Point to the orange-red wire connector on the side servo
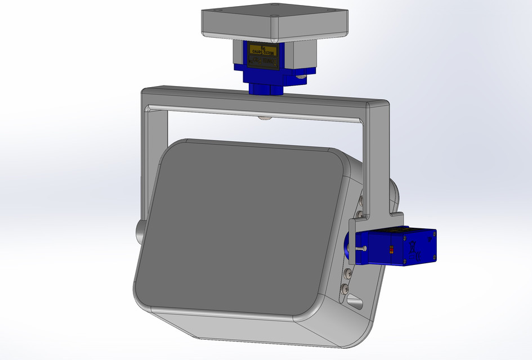click(x=391, y=249)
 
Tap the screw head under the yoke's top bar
click(x=263, y=118)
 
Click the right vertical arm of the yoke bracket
click(x=378, y=163)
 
